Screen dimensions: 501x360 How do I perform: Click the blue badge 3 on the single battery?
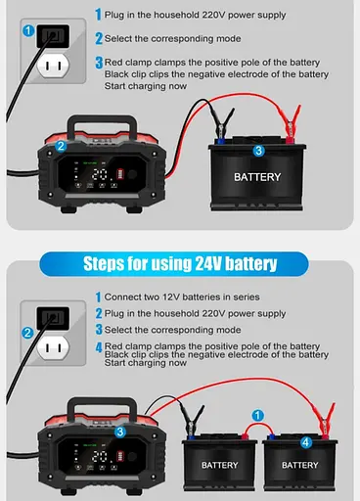[x=258, y=150]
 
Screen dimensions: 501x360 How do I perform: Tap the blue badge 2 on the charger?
[x=61, y=146]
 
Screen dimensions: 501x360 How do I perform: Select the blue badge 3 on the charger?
[x=119, y=431]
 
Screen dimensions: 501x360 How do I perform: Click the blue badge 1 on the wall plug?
[x=28, y=31]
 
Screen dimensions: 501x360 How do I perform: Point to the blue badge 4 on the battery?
[x=306, y=442]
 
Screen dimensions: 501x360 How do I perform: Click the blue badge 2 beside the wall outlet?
[x=27, y=333]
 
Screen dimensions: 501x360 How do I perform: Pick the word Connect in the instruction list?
[x=124, y=296]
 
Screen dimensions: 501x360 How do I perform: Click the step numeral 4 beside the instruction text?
[x=98, y=346]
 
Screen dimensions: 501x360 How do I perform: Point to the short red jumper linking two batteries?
[x=258, y=428]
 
